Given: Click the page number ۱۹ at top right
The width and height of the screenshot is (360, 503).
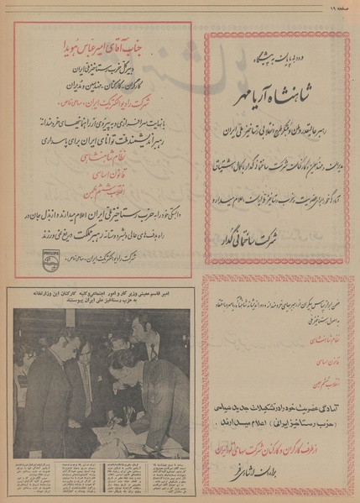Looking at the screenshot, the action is (x=339, y=6).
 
